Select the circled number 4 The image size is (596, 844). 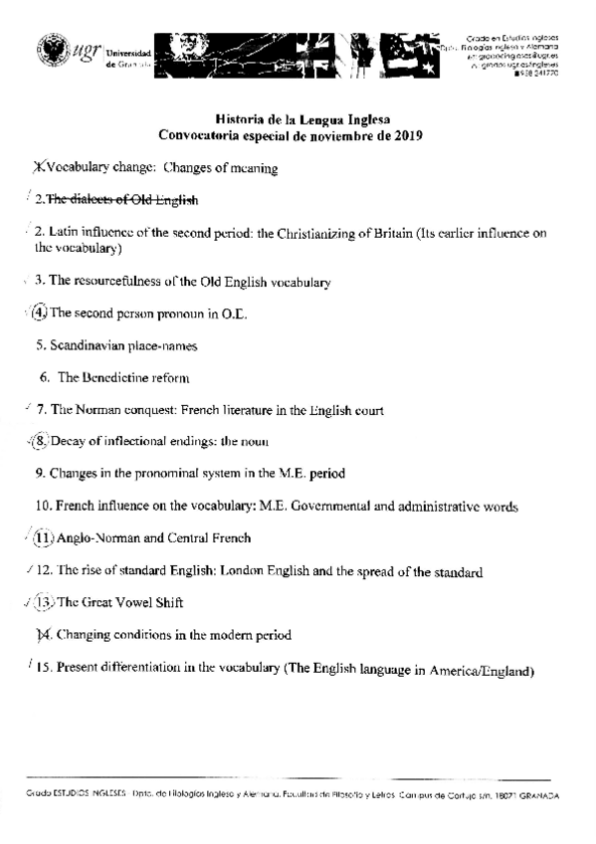39,313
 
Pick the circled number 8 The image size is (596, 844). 39,441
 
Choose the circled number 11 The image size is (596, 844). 43,538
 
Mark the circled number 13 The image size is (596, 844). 43,602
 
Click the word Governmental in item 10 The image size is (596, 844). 334,507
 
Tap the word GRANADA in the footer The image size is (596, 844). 534,797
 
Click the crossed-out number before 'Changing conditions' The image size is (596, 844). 42,634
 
